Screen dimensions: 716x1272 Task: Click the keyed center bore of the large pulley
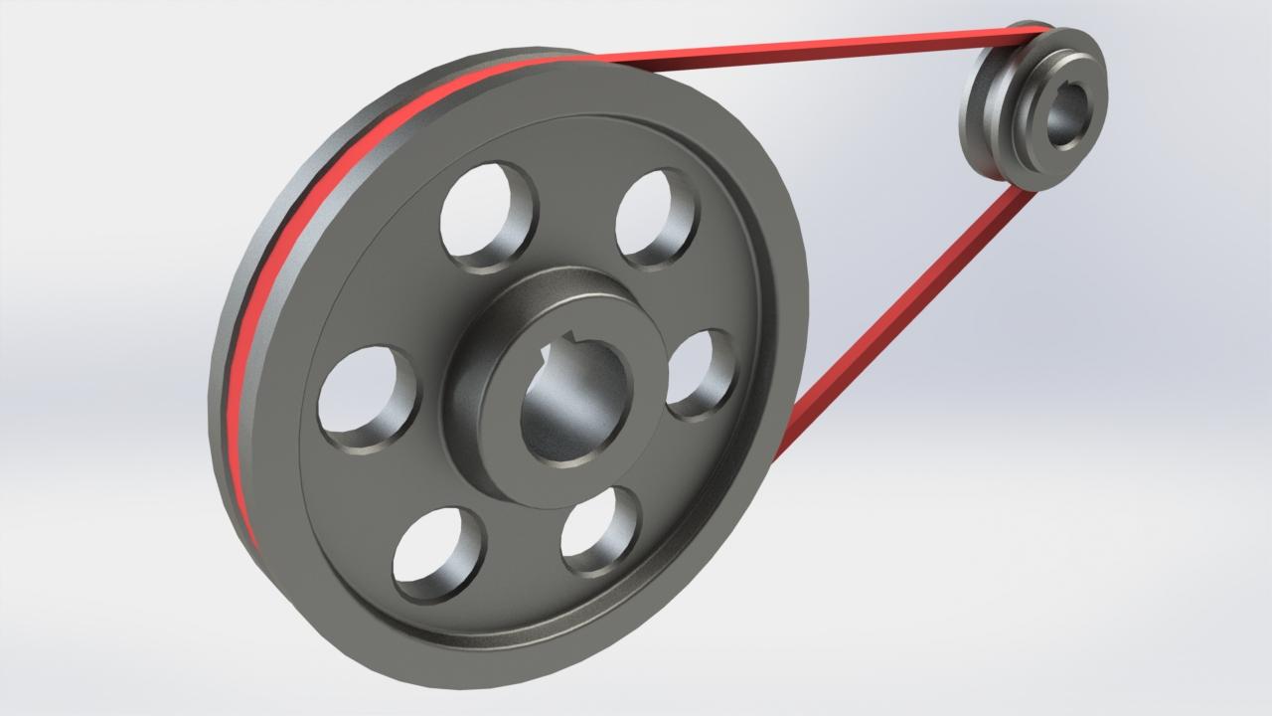click(574, 408)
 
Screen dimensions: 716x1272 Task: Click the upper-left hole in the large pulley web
click(487, 215)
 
